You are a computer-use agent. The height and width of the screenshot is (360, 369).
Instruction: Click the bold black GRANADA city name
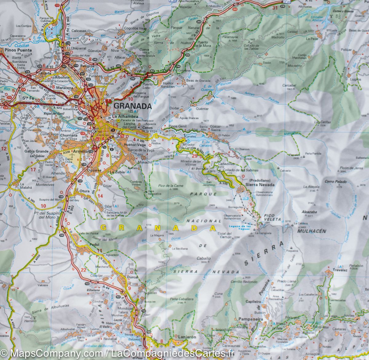point(133,106)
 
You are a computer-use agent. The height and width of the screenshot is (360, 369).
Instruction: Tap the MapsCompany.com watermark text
point(50,354)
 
